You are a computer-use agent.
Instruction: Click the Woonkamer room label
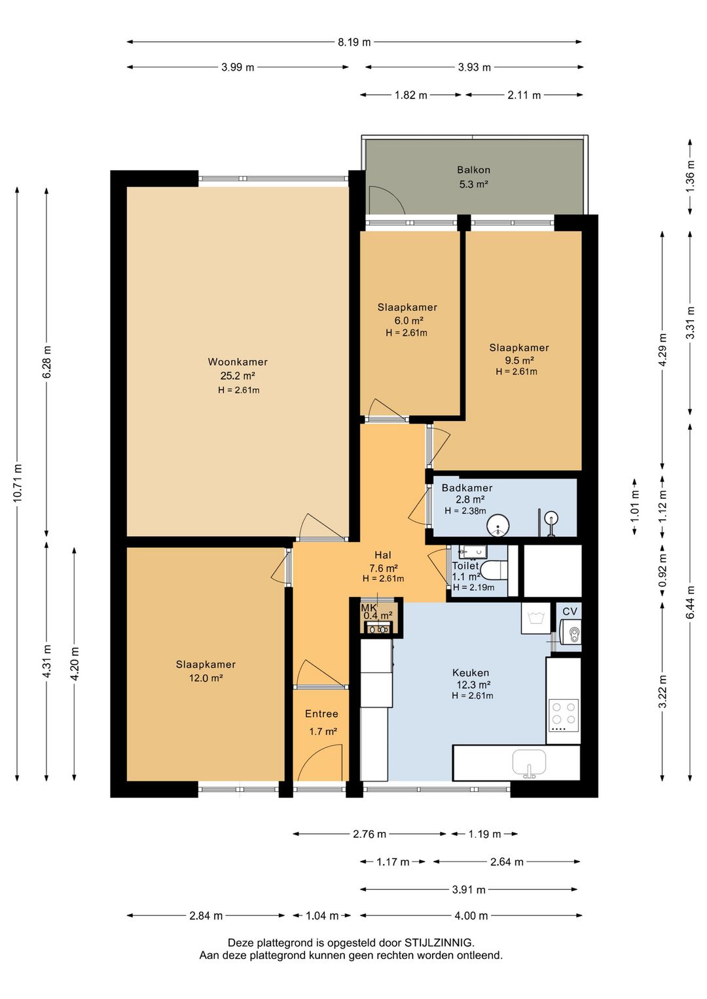pos(237,361)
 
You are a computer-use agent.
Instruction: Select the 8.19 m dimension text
pos(353,43)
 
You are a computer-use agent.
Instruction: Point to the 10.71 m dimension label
pos(18,483)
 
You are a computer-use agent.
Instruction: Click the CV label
pos(570,611)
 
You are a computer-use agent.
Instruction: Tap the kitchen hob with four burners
pos(564,716)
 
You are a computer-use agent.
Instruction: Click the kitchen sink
pos(529,763)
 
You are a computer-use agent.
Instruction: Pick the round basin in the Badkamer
pos(498,525)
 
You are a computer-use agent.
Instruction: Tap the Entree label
pos(321,714)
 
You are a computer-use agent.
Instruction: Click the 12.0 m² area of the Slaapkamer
pos(206,678)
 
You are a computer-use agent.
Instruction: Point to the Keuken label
pos(471,672)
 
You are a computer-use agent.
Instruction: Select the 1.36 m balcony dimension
pos(690,176)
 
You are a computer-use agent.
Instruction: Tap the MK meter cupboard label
pos(369,608)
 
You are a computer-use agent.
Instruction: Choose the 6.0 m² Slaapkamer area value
pos(408,320)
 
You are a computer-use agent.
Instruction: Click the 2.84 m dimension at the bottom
pos(206,916)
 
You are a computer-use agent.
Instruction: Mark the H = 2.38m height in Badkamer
pos(465,511)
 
